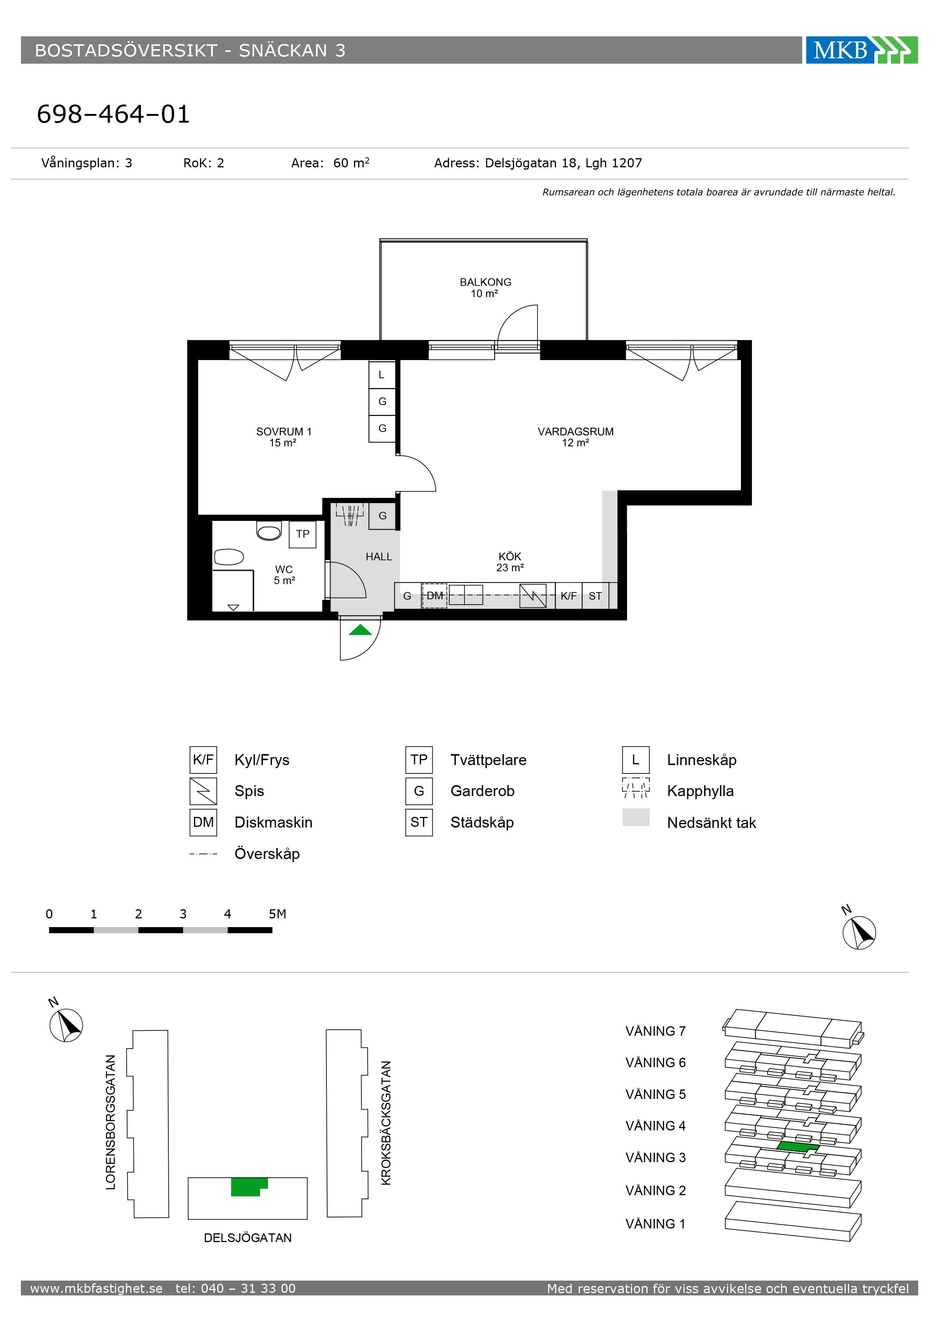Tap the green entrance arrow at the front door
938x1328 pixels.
(360, 630)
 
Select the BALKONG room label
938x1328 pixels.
(486, 282)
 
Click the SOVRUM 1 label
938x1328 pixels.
(284, 432)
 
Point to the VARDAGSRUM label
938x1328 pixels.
(576, 432)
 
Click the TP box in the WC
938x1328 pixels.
(303, 534)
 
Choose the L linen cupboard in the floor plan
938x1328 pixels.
(382, 375)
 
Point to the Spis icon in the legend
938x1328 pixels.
(203, 791)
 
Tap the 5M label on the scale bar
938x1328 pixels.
(277, 914)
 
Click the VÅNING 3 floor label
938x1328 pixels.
(655, 1157)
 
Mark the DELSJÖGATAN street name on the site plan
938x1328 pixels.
(248, 1238)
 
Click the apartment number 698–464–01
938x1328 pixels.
(113, 114)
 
